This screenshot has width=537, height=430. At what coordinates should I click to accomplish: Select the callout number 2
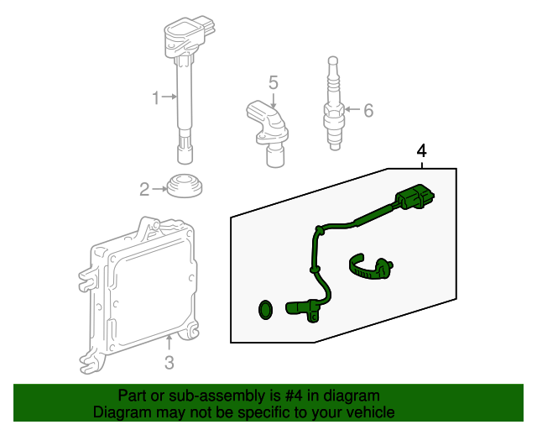(x=144, y=190)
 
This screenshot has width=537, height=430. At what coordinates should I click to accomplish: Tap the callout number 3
(x=169, y=363)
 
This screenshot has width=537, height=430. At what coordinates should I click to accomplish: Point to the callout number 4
(x=422, y=151)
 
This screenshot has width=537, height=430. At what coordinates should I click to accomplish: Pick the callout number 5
(x=273, y=82)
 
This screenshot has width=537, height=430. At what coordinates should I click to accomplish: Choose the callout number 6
(x=368, y=109)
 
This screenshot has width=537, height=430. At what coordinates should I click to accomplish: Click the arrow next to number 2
(x=159, y=190)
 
